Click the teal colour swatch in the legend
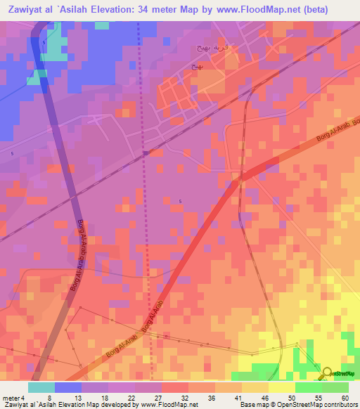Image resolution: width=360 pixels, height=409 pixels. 41,387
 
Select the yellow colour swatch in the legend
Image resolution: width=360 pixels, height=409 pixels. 281,387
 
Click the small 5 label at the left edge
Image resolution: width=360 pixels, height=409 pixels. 12,153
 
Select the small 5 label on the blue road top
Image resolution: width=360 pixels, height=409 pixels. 44,43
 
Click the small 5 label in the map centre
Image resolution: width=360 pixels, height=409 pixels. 180,202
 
